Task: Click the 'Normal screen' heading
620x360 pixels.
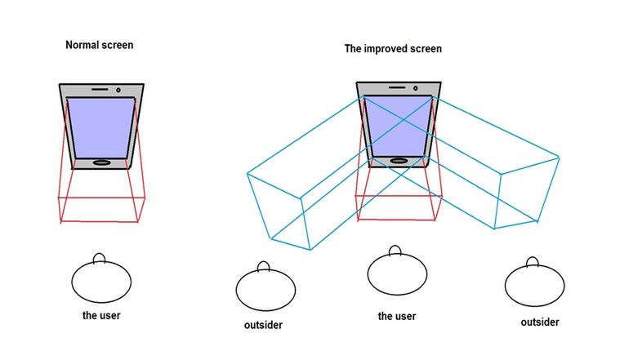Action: tap(99, 45)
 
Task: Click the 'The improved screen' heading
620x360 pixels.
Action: tap(393, 49)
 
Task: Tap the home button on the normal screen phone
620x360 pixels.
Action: tap(101, 162)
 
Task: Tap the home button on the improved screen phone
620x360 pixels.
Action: tap(399, 161)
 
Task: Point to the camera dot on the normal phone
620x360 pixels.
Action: tap(118, 90)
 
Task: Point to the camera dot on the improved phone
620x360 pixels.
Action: tap(415, 88)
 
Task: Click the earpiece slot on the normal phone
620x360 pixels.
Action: tap(100, 89)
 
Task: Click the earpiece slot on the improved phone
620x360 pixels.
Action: tap(397, 87)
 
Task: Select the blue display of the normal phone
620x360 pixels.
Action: tap(101, 127)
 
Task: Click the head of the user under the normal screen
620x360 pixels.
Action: tap(101, 282)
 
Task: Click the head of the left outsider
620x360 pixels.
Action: tap(265, 290)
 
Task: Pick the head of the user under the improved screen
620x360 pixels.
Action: tap(397, 273)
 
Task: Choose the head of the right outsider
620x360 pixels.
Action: tap(534, 286)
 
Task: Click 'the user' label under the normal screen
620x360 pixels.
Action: tap(101, 315)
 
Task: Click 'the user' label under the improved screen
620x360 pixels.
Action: tap(397, 316)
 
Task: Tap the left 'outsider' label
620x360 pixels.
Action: tap(263, 325)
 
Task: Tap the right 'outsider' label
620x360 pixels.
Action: tap(540, 322)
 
